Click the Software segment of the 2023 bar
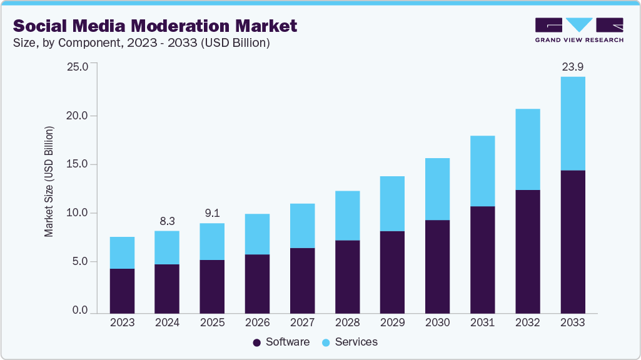(122, 291)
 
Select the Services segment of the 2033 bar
(573, 123)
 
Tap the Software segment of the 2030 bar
(437, 266)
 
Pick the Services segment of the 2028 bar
(347, 216)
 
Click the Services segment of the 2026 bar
(257, 234)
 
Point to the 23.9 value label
(573, 67)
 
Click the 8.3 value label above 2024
(167, 221)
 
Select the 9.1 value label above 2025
(212, 213)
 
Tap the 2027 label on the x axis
(302, 322)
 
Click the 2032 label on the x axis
(528, 322)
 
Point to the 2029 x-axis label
(392, 322)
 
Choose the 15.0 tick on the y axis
(78, 164)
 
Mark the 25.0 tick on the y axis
(78, 67)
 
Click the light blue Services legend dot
(326, 342)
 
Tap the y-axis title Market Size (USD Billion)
(49, 181)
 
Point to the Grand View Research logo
(579, 29)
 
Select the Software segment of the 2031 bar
(483, 259)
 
